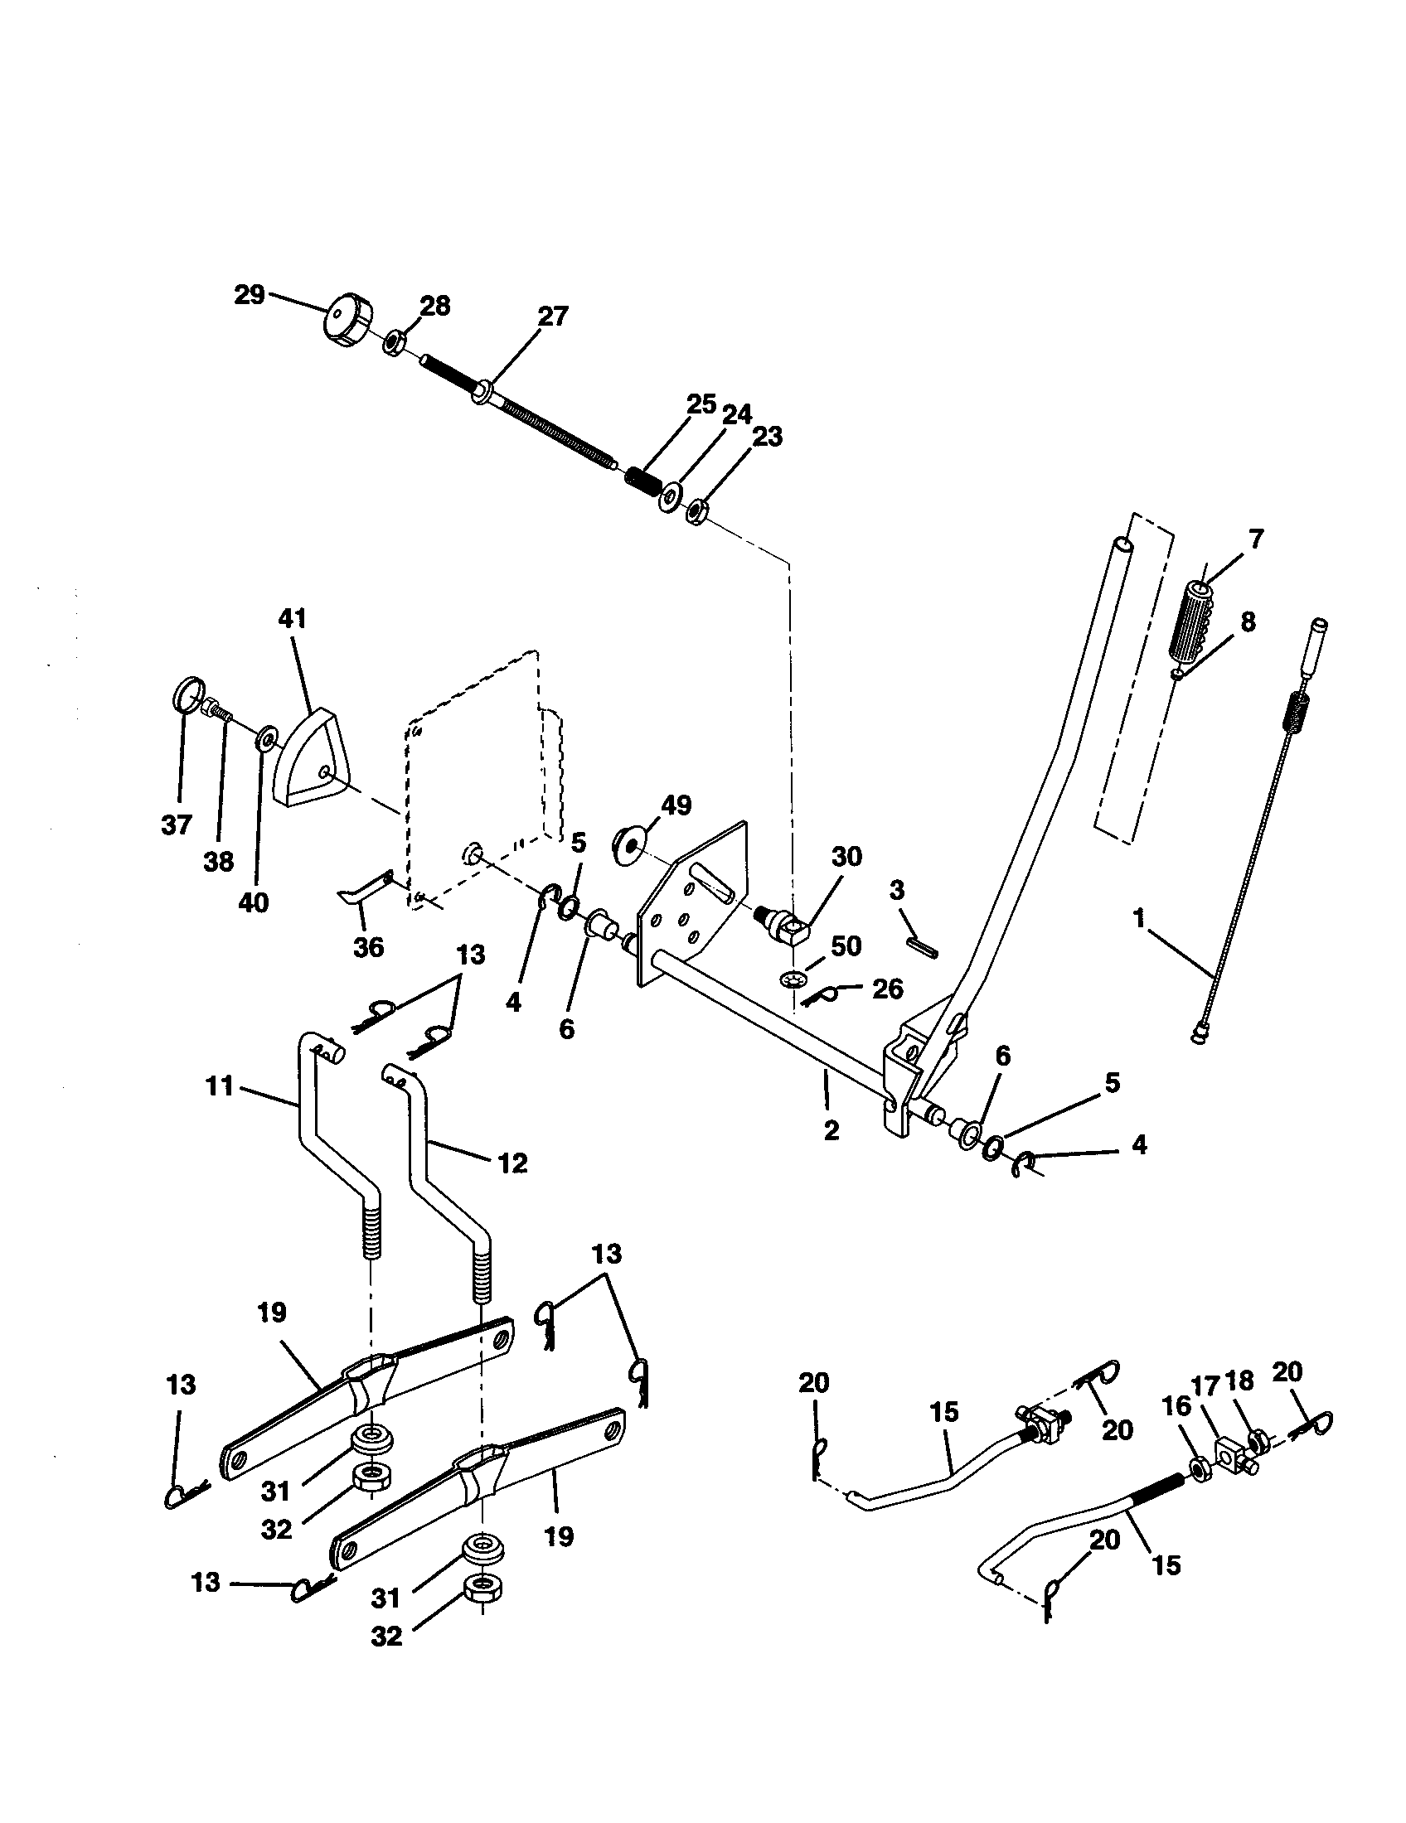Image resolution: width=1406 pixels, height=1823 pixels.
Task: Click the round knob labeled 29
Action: (347, 317)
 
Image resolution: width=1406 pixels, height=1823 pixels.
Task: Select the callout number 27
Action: (553, 317)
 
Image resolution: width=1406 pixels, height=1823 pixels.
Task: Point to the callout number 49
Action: (676, 805)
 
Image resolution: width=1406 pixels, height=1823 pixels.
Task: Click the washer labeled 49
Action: (627, 840)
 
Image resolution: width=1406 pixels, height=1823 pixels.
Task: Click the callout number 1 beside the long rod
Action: (1138, 917)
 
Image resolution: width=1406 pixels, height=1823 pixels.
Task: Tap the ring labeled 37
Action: (190, 694)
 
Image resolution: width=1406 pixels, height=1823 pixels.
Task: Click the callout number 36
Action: (368, 946)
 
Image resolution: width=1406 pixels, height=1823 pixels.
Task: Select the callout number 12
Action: (512, 1163)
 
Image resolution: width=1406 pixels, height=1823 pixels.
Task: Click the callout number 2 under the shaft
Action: (831, 1131)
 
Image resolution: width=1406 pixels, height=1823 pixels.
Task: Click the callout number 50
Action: (846, 945)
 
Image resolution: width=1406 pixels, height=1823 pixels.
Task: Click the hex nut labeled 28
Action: (395, 342)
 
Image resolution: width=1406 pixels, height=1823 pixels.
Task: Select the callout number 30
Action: (846, 857)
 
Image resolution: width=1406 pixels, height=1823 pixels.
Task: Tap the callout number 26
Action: (887, 989)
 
